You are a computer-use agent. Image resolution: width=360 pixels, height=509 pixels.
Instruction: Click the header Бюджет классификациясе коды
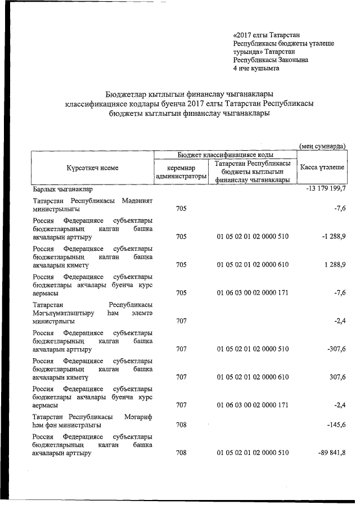coord(226,155)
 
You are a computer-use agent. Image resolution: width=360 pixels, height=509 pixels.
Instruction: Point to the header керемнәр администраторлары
coord(181,172)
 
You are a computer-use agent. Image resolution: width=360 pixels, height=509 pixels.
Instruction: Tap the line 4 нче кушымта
coord(256,68)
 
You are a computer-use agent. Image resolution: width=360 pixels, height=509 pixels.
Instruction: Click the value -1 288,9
coord(332,236)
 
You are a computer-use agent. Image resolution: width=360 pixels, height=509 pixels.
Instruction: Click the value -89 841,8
coord(330,452)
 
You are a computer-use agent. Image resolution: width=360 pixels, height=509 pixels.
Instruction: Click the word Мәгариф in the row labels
coord(137,417)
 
